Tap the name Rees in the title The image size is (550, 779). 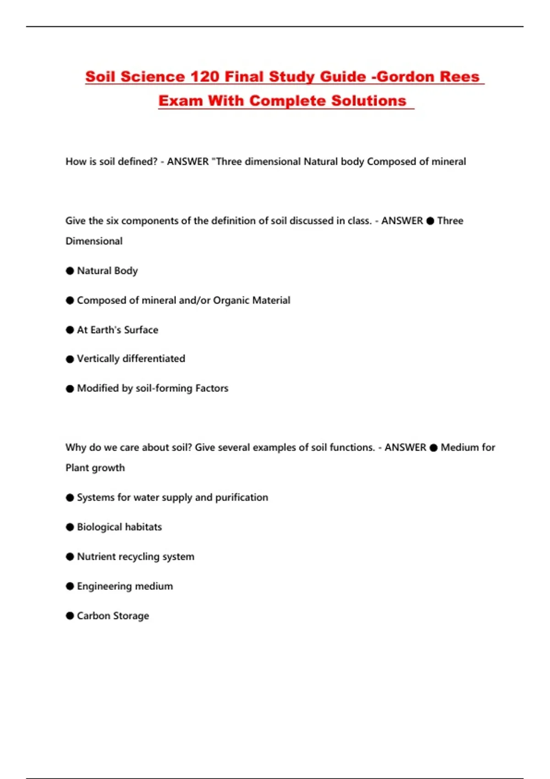tap(460, 77)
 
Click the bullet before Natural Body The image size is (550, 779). tap(70, 271)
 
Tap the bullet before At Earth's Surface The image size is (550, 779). tap(70, 330)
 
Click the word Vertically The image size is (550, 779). tap(98, 359)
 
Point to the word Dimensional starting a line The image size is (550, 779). tap(94, 241)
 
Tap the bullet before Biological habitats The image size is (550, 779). tap(70, 527)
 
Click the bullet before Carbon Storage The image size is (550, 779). tap(70, 616)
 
